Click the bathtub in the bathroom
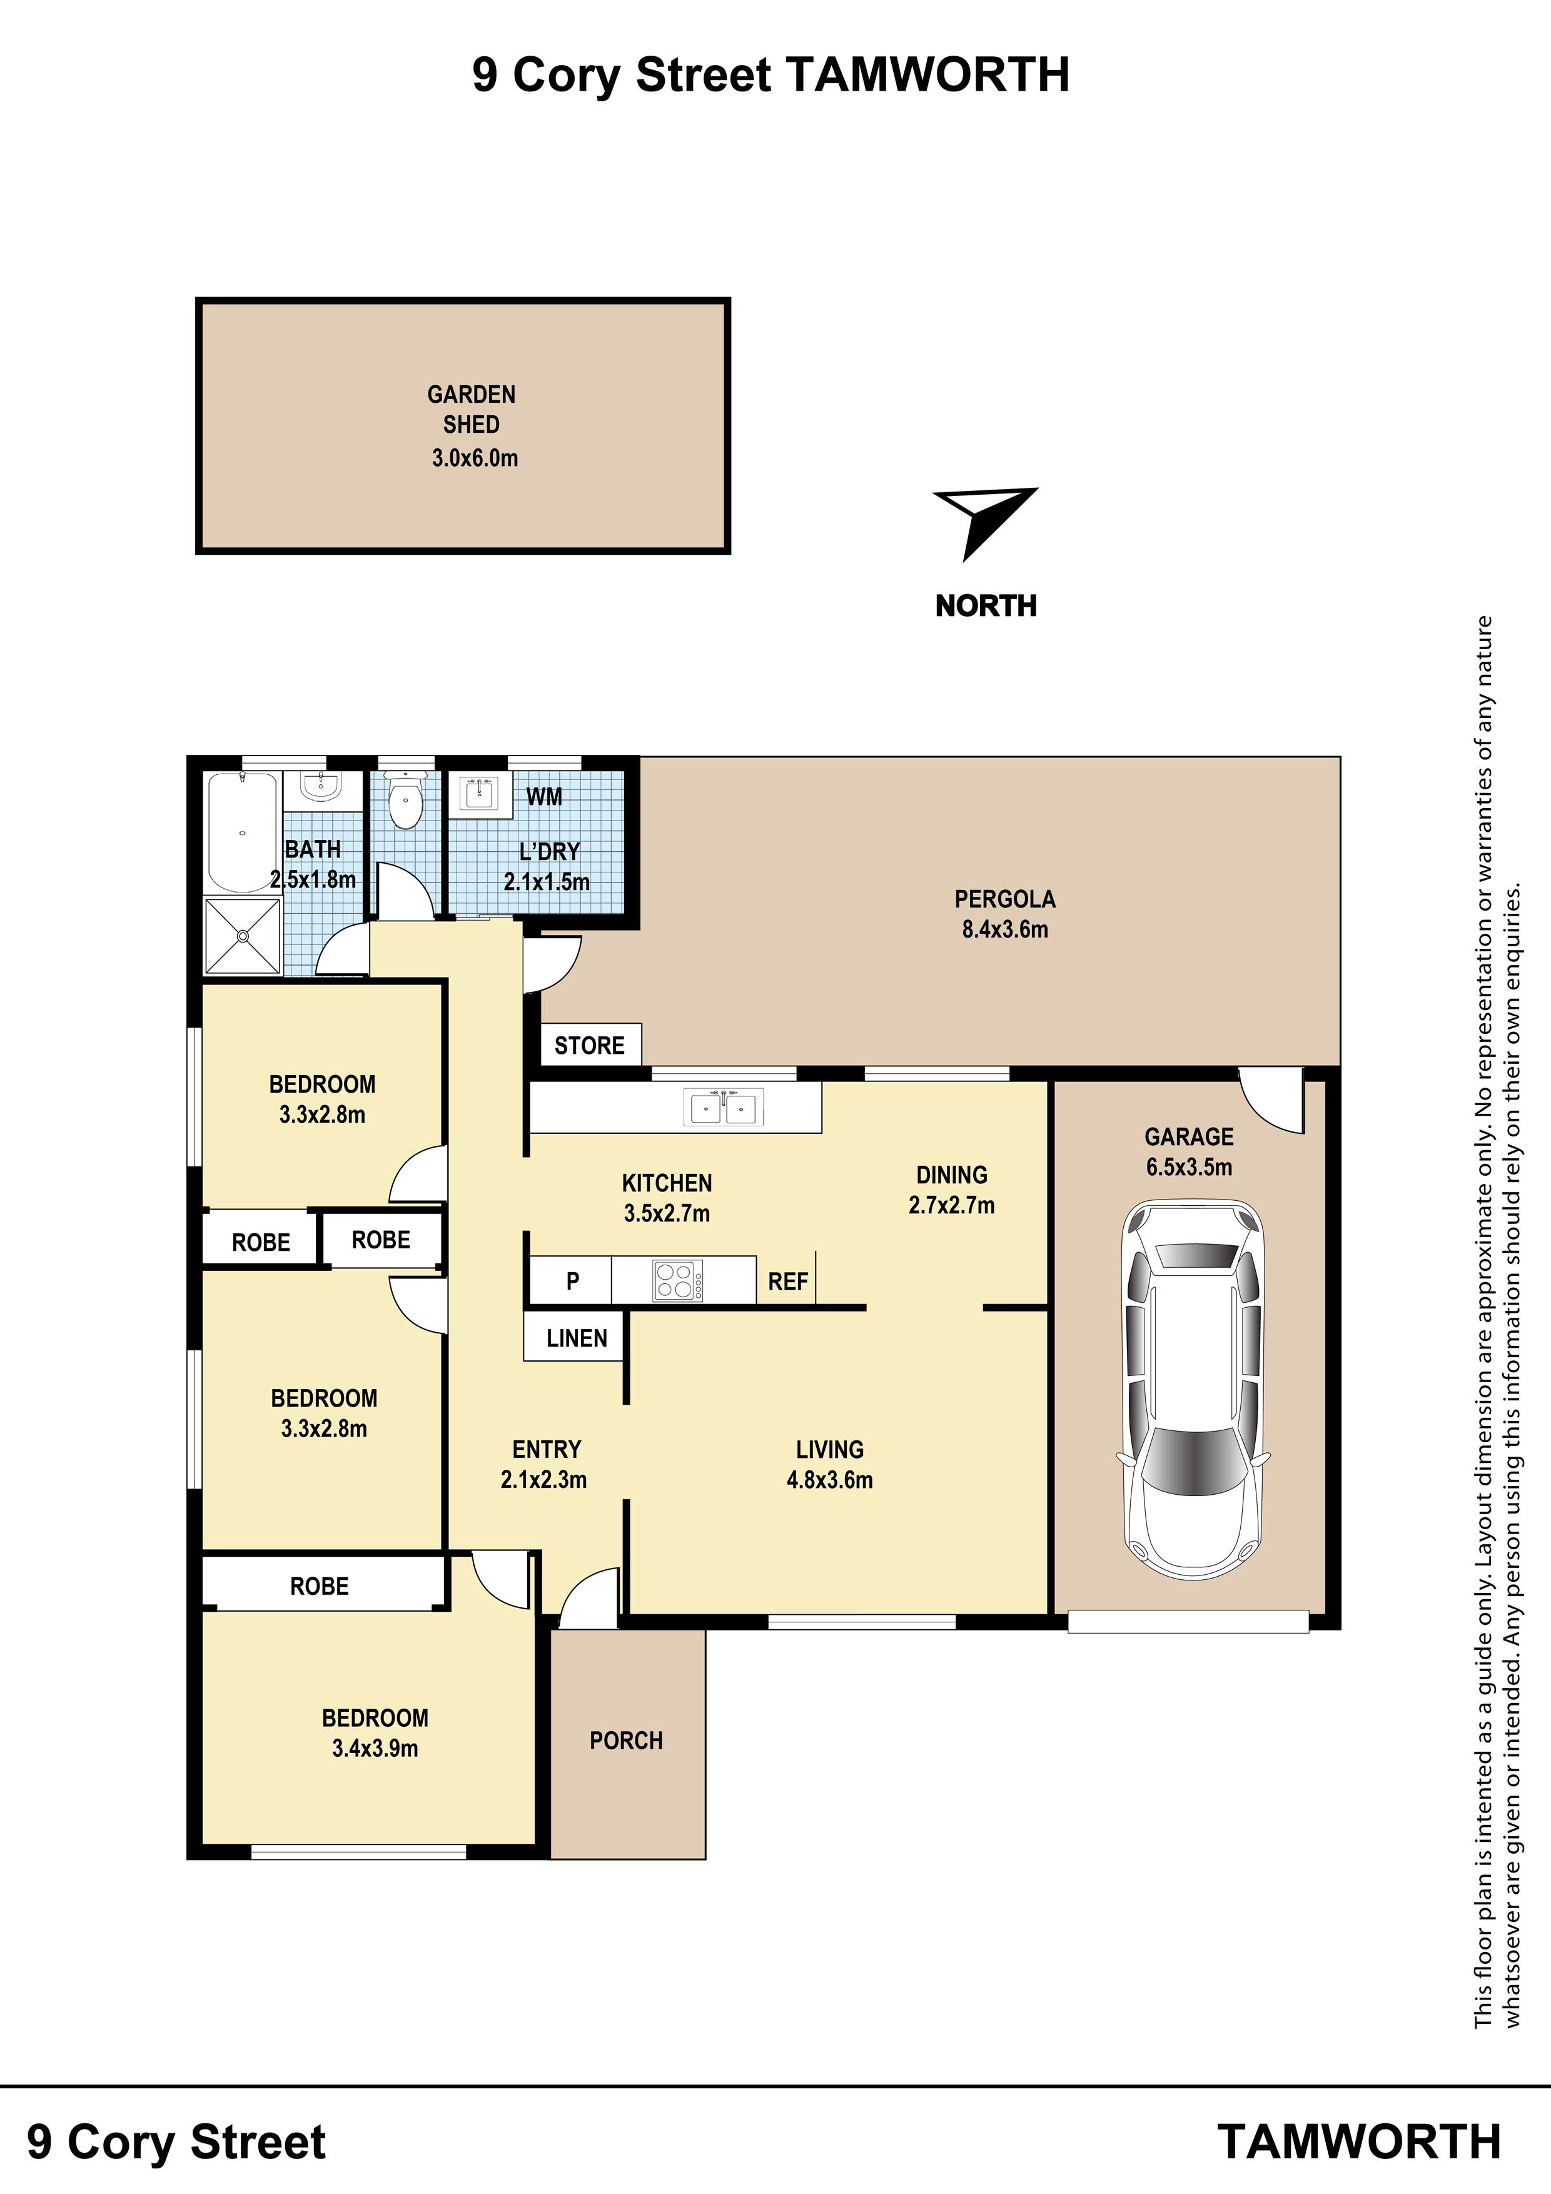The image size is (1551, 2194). (243, 831)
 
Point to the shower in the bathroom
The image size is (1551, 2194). (243, 936)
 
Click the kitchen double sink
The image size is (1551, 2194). (724, 1108)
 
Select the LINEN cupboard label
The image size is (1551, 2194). (576, 1339)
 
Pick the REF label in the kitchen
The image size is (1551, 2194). (787, 1282)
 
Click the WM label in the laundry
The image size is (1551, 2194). (543, 796)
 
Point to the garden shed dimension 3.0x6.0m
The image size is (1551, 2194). (475, 458)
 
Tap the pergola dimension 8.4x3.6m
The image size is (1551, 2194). (1005, 929)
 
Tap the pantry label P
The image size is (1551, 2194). (572, 1282)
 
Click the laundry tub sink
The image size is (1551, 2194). (479, 793)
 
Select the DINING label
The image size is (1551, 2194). (952, 1175)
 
